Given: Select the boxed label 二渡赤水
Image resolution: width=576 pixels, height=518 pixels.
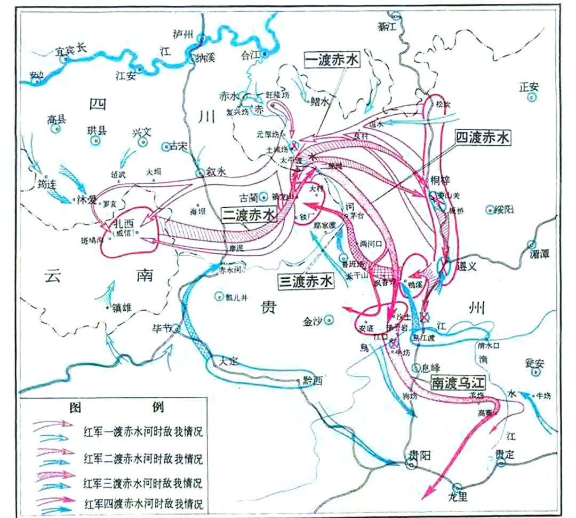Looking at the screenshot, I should [x=250, y=215].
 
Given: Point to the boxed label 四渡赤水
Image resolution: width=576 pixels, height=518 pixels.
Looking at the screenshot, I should [x=483, y=138].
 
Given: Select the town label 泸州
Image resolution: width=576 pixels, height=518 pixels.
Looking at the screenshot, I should [x=183, y=33].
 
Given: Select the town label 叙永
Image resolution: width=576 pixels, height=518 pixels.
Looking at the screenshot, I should [x=217, y=172].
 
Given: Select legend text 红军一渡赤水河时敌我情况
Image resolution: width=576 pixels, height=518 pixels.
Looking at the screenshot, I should [x=143, y=430].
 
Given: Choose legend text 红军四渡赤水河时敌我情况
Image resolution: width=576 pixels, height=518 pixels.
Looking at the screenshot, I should [x=143, y=503].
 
